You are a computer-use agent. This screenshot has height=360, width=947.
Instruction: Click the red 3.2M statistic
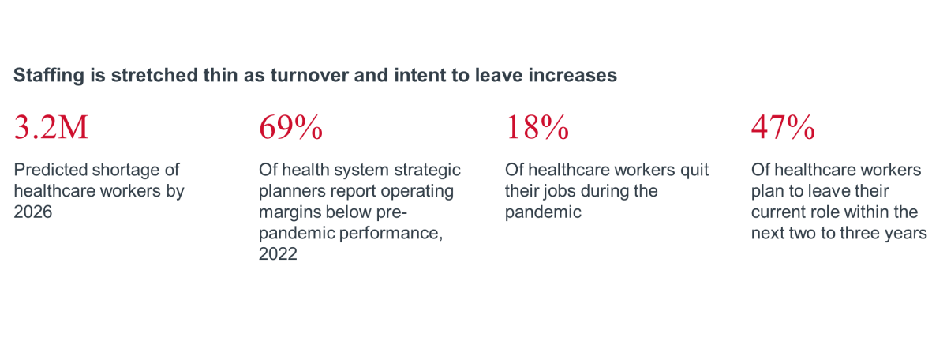pyautogui.click(x=51, y=127)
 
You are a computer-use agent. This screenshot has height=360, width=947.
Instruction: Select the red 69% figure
pyautogui.click(x=291, y=127)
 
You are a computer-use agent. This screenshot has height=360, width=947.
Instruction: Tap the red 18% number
pyautogui.click(x=537, y=127)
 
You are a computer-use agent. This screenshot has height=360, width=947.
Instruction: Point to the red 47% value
pyautogui.click(x=783, y=127)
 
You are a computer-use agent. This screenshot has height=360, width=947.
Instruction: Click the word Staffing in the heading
pyautogui.click(x=49, y=76)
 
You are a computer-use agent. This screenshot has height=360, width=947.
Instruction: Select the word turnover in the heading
pyautogui.click(x=309, y=75)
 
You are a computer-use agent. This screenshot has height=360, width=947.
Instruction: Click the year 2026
pyautogui.click(x=33, y=212)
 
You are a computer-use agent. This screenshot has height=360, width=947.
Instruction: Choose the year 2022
pyautogui.click(x=278, y=254)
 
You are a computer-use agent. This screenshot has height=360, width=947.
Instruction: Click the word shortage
pyautogui.click(x=128, y=171)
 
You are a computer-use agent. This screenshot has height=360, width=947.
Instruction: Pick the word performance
pyautogui.click(x=389, y=234)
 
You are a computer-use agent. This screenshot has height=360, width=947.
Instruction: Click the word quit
pyautogui.click(x=694, y=171)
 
